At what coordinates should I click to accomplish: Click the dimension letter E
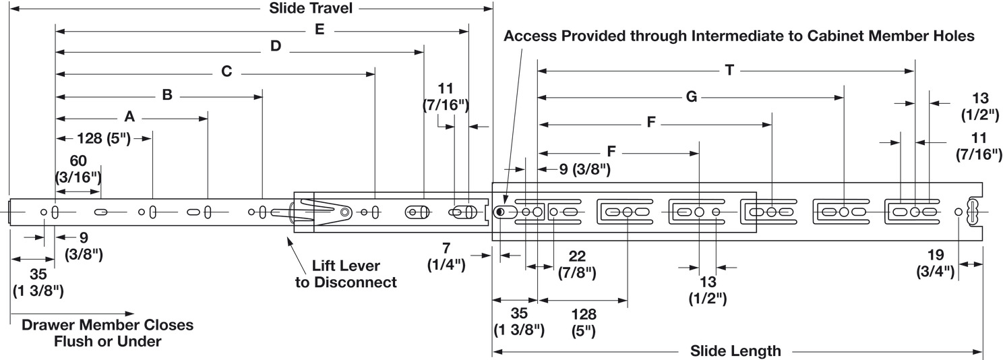320,30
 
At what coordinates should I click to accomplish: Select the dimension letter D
276,47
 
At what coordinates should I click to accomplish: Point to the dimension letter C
226,71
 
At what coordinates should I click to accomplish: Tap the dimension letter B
167,95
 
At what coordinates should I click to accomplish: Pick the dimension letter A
130,117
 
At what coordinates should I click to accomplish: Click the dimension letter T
729,69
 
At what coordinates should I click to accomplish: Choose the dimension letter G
691,96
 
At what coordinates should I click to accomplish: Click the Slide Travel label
311,9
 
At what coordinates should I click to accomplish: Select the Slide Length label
735,351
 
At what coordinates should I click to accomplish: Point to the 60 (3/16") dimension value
78,171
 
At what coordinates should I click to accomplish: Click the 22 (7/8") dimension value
576,264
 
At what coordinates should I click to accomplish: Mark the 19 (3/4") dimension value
935,264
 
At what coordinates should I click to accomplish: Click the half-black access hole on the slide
500,212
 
